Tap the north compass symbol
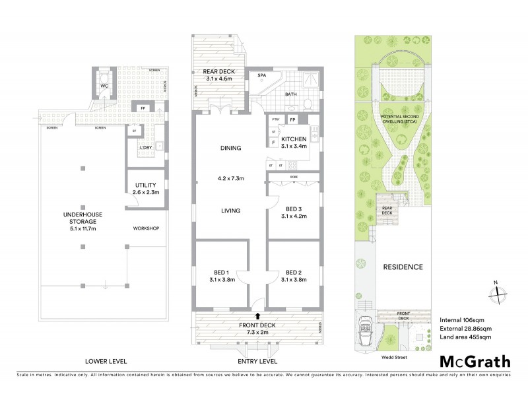click(496, 292)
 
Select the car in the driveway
click(364, 329)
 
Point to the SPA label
click(262, 75)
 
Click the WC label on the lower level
click(104, 86)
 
